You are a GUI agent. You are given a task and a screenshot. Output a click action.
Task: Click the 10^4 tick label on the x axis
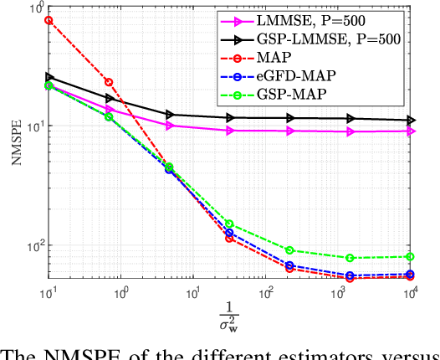click(410, 293)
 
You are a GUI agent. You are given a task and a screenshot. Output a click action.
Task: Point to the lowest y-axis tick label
click(33, 248)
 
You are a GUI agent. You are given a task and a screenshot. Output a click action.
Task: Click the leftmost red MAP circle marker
click(49, 19)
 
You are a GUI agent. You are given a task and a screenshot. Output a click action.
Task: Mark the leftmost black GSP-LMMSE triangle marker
click(49, 77)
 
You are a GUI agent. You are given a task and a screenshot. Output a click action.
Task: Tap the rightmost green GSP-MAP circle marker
click(410, 256)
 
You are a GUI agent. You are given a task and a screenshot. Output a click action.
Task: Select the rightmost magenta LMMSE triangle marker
click(410, 131)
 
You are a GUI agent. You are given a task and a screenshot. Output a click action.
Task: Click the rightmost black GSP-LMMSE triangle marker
click(410, 121)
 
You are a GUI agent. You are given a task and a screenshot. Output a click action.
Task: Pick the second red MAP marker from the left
click(109, 82)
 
